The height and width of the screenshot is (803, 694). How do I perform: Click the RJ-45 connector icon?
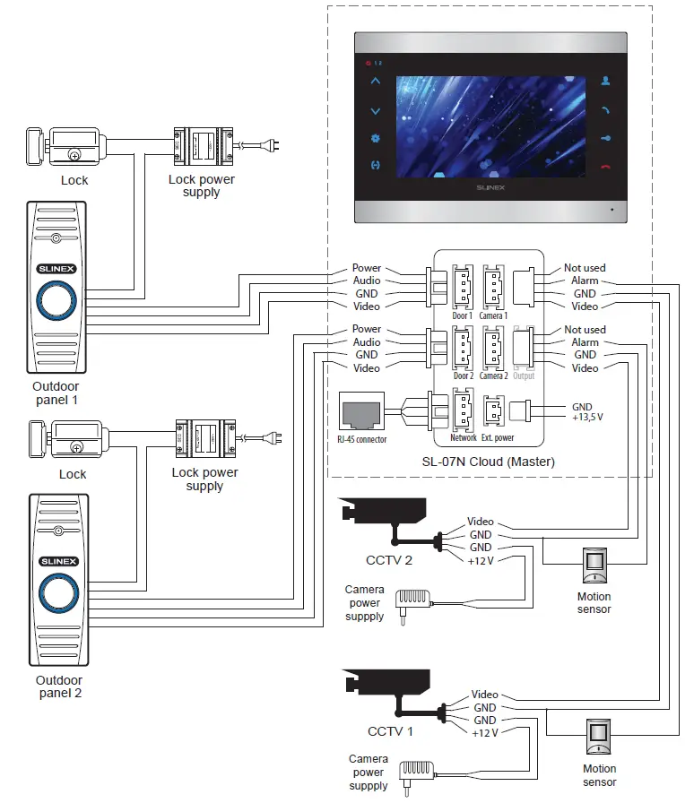coord(361,413)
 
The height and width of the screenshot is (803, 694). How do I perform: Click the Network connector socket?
coord(463,412)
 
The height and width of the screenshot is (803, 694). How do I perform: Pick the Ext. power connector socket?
coord(493,412)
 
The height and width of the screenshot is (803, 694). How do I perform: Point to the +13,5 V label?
coord(587,418)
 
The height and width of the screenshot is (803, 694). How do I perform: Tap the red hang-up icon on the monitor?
coord(607,166)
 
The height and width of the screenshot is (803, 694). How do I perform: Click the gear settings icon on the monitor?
coord(375,139)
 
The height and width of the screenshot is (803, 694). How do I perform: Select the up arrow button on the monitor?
coord(375,82)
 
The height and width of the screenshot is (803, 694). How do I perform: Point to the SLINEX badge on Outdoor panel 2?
coord(58,561)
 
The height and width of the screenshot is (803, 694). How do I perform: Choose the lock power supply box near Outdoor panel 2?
coord(205,438)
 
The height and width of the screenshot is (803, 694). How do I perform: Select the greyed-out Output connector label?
coord(524,376)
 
